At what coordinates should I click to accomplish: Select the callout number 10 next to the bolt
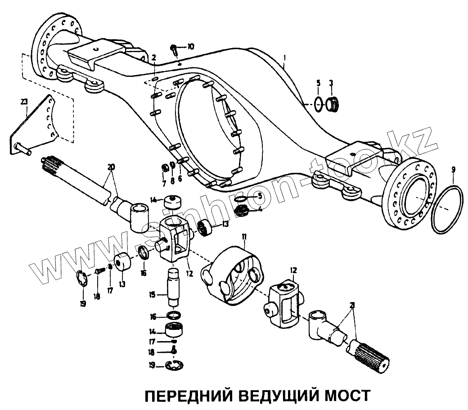191,46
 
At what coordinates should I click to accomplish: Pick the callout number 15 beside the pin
153,295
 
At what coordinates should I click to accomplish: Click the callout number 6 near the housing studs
180,178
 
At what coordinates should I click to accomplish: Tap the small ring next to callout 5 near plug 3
318,103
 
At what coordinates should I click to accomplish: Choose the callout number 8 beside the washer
172,181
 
